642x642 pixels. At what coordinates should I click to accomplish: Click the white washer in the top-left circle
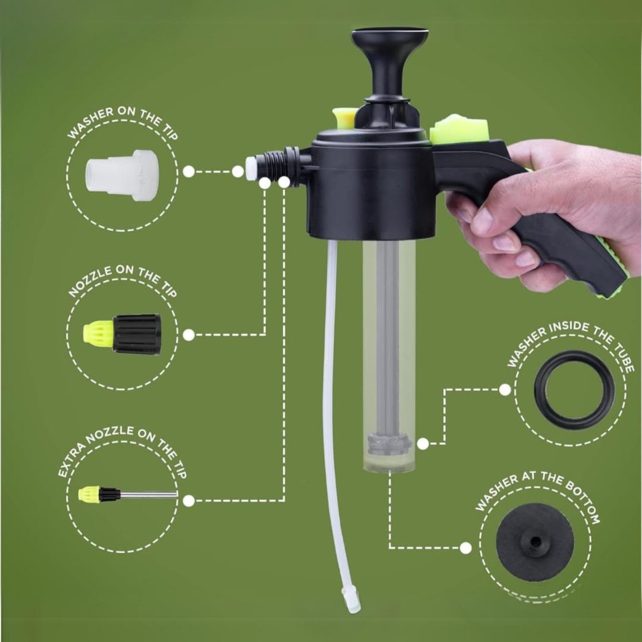point(121,175)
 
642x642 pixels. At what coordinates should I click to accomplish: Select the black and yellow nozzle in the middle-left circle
point(122,334)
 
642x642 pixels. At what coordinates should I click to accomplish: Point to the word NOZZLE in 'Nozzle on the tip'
point(89,282)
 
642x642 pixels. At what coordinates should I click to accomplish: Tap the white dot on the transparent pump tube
point(423,443)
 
